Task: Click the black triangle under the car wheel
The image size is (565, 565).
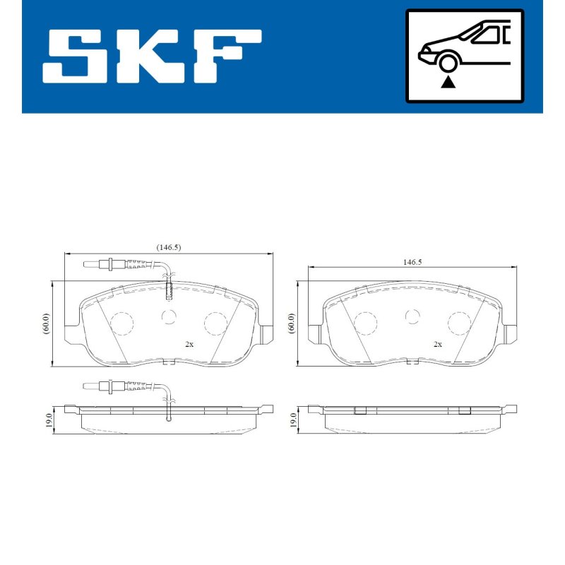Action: [x=448, y=82]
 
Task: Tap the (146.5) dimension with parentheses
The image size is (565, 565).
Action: [x=168, y=247]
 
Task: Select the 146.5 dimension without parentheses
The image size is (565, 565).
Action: [x=412, y=262]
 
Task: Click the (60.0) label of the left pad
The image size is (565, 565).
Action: [x=47, y=323]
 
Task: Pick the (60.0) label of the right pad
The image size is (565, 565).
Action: [x=291, y=323]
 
